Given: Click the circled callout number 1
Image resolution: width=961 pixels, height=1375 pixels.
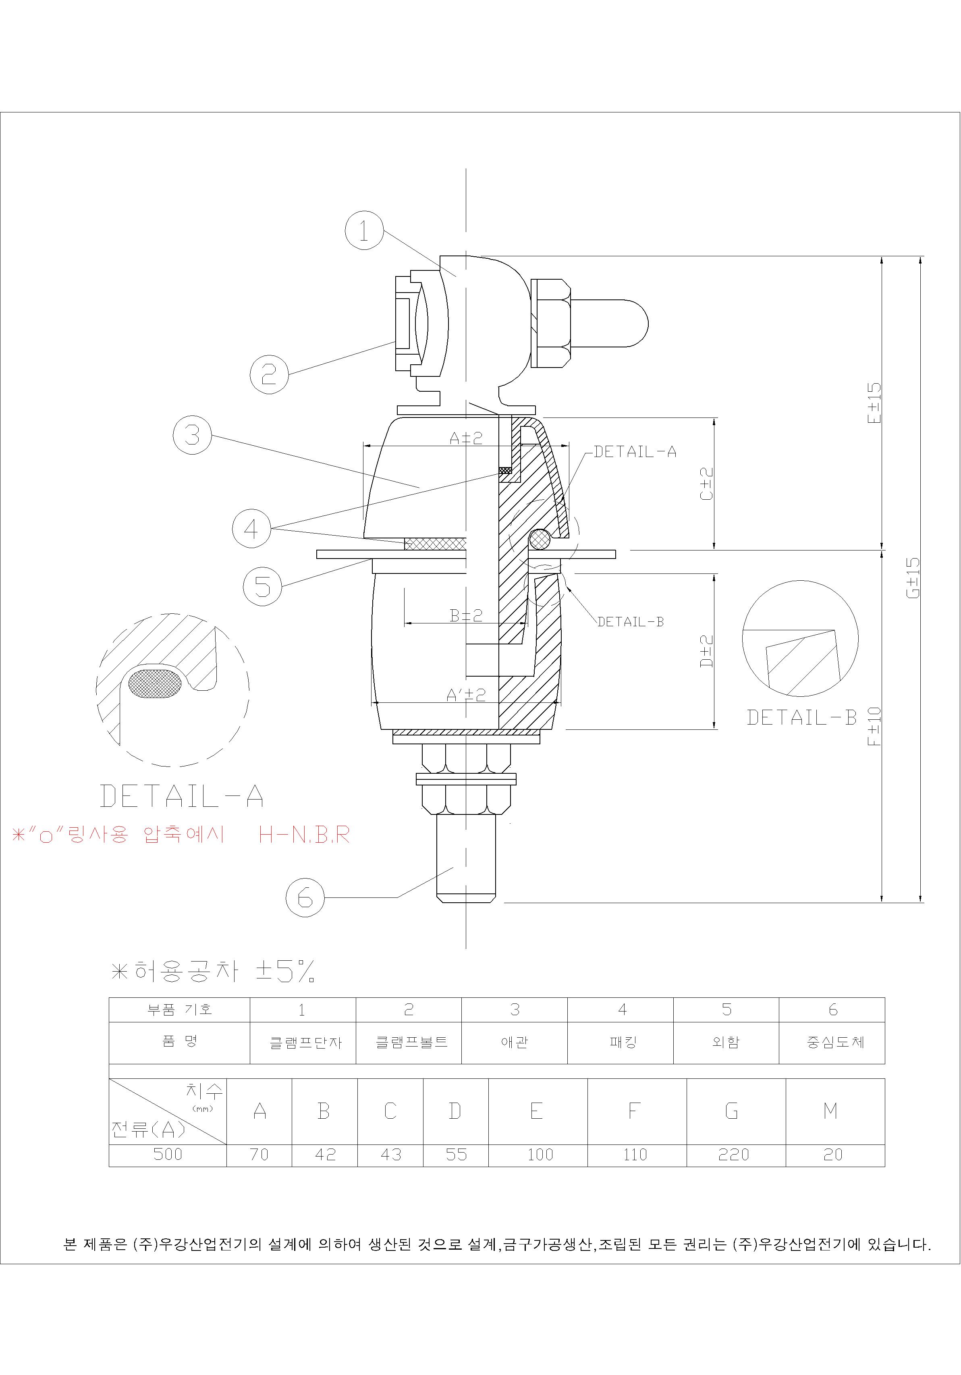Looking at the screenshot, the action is click(364, 230).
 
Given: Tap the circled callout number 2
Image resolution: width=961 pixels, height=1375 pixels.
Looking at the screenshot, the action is click(269, 374).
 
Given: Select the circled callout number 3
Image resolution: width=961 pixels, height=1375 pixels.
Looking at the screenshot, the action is click(192, 435).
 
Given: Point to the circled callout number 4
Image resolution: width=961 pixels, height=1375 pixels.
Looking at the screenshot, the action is click(251, 528).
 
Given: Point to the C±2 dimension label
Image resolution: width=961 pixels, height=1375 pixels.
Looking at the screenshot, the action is click(706, 484).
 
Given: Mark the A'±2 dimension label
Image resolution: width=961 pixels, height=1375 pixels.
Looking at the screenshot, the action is click(466, 695).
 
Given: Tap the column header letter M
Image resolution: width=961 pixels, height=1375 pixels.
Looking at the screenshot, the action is click(830, 1111).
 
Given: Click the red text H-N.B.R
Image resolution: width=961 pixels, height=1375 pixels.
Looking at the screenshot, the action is click(304, 834).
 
